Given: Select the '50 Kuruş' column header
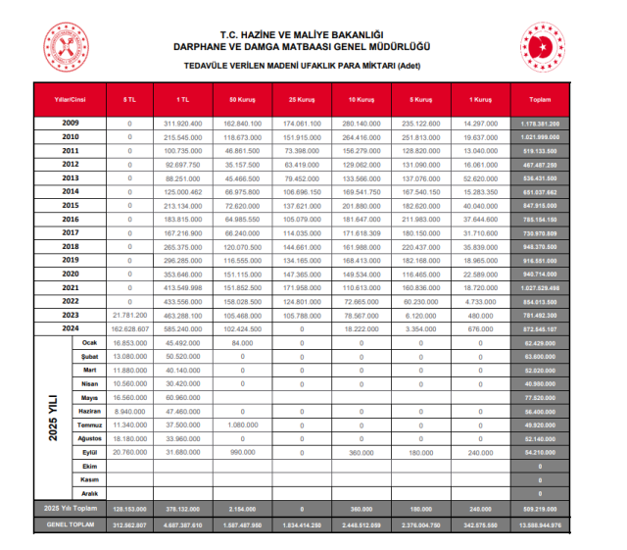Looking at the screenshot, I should point(242,100).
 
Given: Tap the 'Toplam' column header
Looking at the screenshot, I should point(540,100).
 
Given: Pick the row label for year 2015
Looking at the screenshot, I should point(70,205).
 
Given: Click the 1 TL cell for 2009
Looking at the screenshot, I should point(183,124).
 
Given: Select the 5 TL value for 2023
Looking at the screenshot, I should point(130,315).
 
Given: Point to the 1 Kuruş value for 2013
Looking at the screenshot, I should point(480,178).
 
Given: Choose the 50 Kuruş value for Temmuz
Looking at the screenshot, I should point(242,425).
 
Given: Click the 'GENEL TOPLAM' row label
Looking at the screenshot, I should point(70,525).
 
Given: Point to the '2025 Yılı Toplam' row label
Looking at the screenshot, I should point(70,510).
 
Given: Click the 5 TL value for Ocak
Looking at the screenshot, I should point(130,342).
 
